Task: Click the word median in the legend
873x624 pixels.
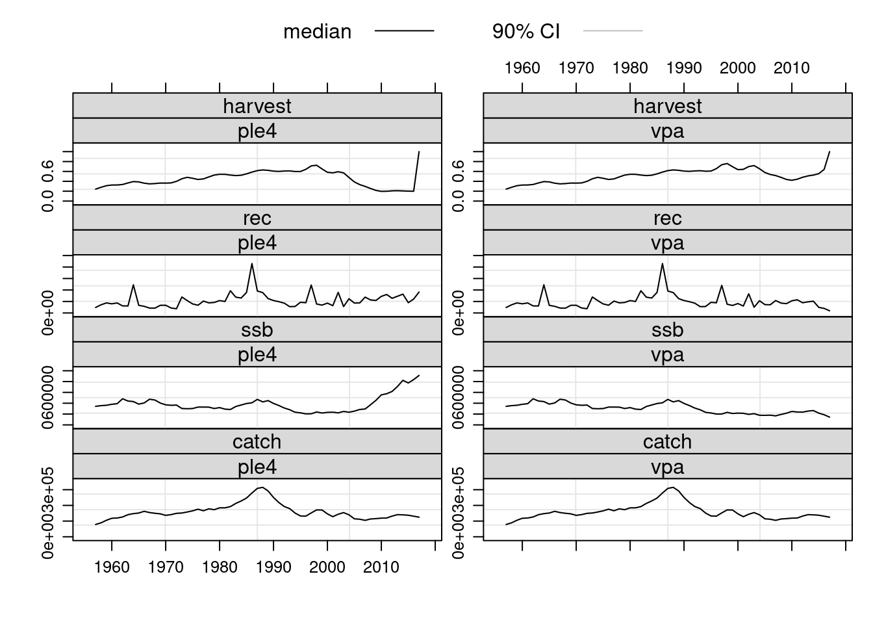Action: (317, 31)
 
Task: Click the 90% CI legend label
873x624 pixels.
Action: (525, 31)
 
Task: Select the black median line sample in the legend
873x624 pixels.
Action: (404, 31)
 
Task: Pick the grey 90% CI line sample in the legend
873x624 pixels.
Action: (613, 31)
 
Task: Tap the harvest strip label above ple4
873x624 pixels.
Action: (257, 106)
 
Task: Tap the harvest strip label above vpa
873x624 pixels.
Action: (667, 106)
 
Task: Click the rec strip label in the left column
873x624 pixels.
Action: (257, 218)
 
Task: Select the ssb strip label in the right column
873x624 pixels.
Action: (667, 330)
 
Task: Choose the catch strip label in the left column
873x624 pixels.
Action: (257, 442)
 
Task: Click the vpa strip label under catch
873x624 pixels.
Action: (667, 467)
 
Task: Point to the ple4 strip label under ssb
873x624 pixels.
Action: (257, 355)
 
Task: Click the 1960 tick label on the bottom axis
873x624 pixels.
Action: (112, 567)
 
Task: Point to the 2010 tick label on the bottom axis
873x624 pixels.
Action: (381, 567)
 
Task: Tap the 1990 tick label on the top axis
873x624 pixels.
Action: (683, 68)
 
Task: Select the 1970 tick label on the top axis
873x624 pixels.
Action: (576, 68)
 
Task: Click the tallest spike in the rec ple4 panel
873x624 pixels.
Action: (252, 264)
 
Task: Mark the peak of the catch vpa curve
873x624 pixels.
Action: (673, 487)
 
